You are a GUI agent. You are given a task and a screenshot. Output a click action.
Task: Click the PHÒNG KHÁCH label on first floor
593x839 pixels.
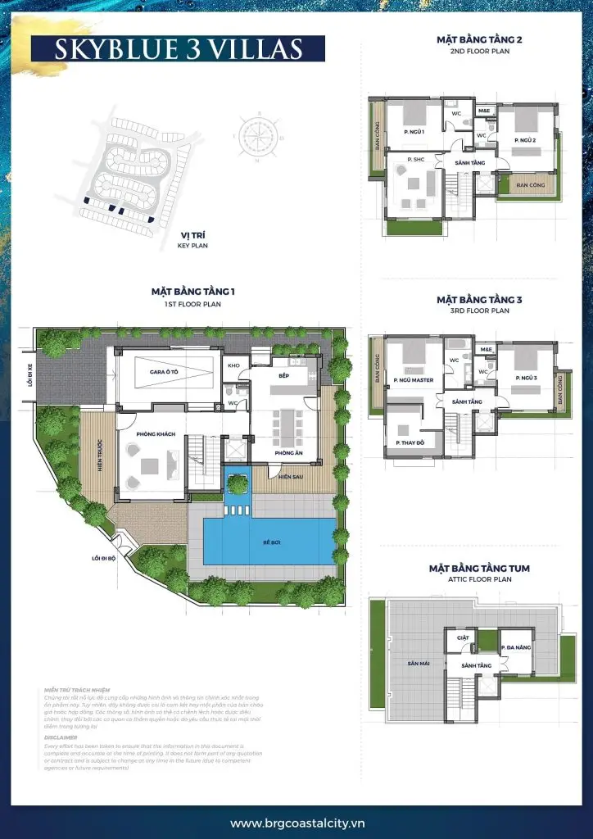point(152,434)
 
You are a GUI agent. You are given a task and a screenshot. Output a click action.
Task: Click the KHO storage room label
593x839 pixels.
point(233,365)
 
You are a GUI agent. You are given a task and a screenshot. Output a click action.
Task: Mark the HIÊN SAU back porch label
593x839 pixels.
point(290,476)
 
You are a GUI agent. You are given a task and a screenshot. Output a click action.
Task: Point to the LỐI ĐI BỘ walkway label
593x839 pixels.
point(105,560)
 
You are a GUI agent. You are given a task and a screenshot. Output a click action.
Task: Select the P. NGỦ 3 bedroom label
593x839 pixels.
point(526,379)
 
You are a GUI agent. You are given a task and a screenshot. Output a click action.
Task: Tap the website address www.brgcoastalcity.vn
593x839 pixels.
point(296,823)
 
